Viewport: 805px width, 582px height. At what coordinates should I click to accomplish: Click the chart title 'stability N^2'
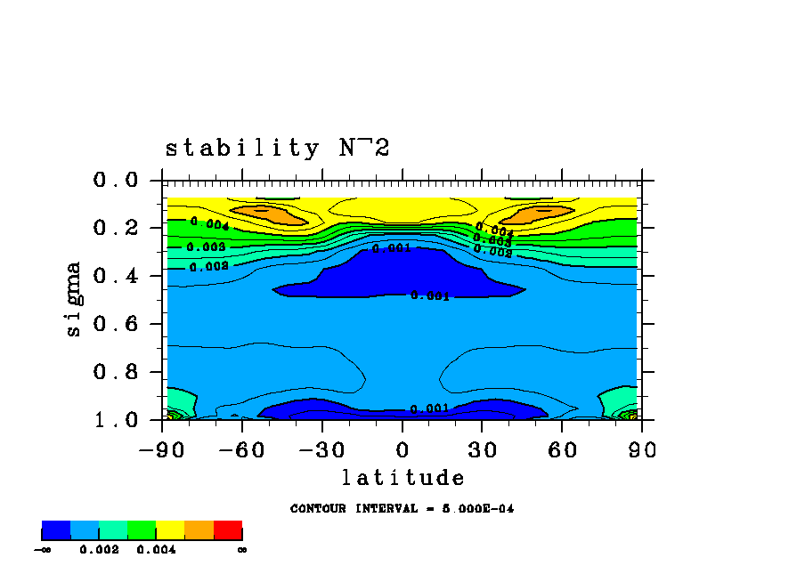(x=278, y=149)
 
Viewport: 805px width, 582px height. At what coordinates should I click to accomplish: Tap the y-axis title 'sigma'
(x=73, y=299)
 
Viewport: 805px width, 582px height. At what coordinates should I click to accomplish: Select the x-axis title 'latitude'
(x=402, y=478)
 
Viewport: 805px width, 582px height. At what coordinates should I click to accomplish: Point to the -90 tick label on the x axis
(x=162, y=449)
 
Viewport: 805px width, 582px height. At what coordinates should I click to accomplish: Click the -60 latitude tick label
(x=242, y=449)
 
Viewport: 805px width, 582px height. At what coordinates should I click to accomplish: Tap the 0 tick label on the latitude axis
(x=402, y=449)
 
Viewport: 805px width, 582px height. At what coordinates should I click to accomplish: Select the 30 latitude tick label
(x=483, y=449)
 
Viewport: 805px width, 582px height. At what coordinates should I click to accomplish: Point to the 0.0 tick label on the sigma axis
(x=116, y=181)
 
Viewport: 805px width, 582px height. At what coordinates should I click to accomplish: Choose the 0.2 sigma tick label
(x=116, y=229)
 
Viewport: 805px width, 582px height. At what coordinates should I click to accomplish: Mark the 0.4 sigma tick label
(x=116, y=277)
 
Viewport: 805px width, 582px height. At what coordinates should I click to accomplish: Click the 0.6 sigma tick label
(x=116, y=324)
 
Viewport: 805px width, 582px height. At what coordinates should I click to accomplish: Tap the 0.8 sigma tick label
(x=116, y=372)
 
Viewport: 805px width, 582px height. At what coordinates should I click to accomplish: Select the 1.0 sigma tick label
(x=116, y=420)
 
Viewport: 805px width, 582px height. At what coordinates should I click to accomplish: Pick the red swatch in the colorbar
(x=228, y=530)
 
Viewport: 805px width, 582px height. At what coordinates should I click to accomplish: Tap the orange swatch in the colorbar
(x=199, y=530)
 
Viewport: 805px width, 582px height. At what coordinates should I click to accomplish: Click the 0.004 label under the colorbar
(x=156, y=550)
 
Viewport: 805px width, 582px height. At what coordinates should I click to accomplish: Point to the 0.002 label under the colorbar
(x=99, y=550)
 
